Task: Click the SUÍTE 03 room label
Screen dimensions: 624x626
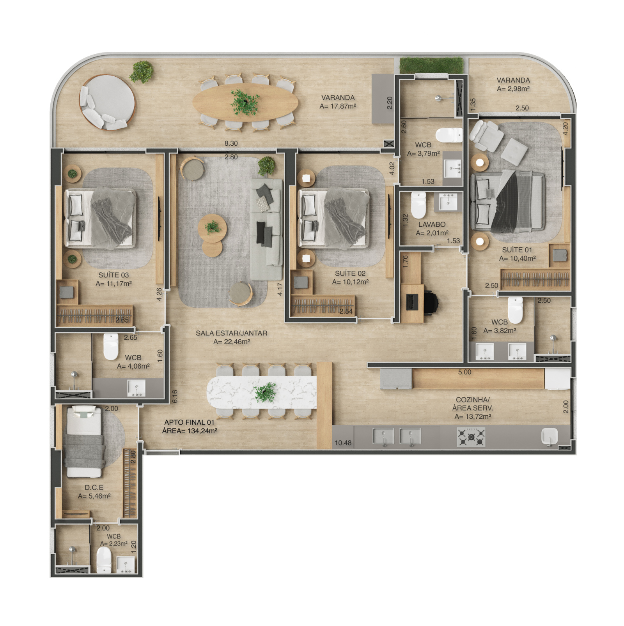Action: pyautogui.click(x=113, y=275)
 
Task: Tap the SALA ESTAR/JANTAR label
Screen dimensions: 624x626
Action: pyautogui.click(x=231, y=333)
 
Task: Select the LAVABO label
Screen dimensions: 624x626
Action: pyautogui.click(x=432, y=225)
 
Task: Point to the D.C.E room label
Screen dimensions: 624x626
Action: pyautogui.click(x=94, y=488)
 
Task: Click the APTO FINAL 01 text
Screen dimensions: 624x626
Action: pyautogui.click(x=189, y=422)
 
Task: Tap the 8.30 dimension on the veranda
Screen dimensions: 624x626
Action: pyautogui.click(x=231, y=143)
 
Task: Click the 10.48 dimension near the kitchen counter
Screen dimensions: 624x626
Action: pyautogui.click(x=343, y=443)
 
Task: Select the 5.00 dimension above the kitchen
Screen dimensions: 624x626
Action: pyautogui.click(x=464, y=372)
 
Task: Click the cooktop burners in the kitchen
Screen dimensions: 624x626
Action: pyautogui.click(x=471, y=437)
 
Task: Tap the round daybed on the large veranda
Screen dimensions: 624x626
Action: pyautogui.click(x=107, y=102)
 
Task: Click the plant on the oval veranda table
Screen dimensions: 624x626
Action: pyautogui.click(x=245, y=102)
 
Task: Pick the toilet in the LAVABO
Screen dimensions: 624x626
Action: pyautogui.click(x=418, y=205)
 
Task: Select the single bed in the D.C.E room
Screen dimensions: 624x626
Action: pyautogui.click(x=84, y=442)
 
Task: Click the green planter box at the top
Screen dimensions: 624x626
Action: pyautogui.click(x=432, y=65)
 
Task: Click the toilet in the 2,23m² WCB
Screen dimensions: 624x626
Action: pyautogui.click(x=104, y=560)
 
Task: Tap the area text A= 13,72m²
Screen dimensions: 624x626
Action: pyautogui.click(x=472, y=417)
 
